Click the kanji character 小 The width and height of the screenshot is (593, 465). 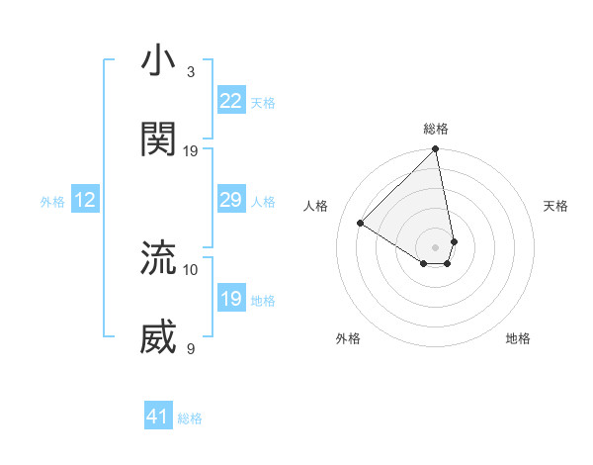158,60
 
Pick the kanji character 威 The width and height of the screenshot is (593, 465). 158,337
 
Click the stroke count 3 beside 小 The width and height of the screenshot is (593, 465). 191,72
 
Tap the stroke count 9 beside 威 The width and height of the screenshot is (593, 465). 191,349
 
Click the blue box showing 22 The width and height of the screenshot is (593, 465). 231,101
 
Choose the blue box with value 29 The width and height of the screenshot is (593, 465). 231,201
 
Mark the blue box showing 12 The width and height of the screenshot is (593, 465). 85,201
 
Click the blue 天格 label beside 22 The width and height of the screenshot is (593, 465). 263,102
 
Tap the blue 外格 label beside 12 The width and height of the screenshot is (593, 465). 52,202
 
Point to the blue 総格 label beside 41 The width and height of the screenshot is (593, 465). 190,418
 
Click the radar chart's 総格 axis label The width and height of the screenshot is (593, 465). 436,129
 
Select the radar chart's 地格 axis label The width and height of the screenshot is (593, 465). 518,338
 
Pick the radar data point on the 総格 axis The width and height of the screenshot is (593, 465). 436,150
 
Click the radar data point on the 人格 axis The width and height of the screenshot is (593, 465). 361,224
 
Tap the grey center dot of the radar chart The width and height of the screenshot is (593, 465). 436,246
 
